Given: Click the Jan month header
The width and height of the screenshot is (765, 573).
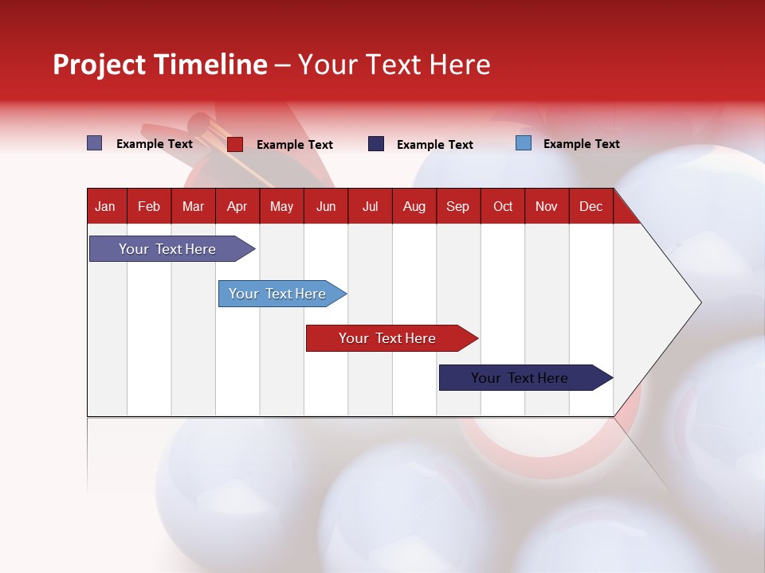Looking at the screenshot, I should [105, 206].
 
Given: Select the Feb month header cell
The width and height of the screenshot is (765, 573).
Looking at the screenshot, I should [149, 206].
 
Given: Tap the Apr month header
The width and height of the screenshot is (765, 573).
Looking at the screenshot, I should [237, 206].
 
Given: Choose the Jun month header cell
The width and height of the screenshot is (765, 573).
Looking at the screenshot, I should [326, 206].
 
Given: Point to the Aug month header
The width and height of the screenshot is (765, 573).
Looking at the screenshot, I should [414, 206].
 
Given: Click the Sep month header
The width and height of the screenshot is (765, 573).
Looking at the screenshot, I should [457, 206].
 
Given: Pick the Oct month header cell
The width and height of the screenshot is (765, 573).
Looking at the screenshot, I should [503, 206].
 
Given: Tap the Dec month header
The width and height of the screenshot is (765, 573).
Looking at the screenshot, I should [590, 206].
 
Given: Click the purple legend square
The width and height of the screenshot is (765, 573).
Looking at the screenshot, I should [94, 143].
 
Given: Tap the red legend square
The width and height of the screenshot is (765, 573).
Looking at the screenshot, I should [234, 144].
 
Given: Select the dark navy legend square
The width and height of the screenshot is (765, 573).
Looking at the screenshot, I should [375, 144].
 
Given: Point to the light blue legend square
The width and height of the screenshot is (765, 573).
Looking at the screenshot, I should [523, 143].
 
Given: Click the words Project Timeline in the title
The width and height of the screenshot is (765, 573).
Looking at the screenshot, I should [160, 64].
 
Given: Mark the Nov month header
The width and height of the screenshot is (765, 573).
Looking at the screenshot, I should [547, 206].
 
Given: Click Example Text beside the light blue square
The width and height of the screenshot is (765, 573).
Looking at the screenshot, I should [581, 144].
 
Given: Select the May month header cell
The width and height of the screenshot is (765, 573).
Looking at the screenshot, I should [281, 206].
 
